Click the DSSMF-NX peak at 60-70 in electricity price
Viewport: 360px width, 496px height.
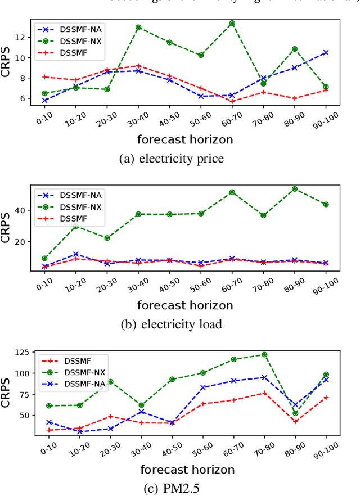232,24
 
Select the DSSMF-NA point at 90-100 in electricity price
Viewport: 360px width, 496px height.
326,52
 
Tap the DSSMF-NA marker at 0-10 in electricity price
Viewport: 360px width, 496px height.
44,100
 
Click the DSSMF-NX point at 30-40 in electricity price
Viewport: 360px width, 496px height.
138,27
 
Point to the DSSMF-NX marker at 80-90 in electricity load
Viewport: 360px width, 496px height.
294,189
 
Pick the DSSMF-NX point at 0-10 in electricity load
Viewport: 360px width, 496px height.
44,259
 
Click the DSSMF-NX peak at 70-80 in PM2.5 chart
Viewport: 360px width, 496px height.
264,355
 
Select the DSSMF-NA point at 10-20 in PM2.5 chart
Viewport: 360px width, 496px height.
79,432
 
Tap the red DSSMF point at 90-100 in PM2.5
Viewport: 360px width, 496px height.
326,398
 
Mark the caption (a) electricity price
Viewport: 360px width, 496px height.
172,159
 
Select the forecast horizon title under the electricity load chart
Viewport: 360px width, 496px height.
185,305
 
